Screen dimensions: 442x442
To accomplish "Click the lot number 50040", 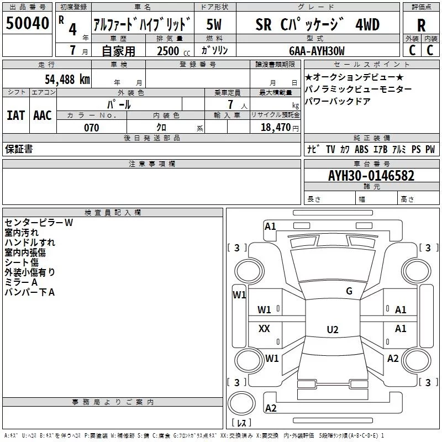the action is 27,23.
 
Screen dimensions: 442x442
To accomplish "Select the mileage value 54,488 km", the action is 67,79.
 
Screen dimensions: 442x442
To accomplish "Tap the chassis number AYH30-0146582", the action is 371,175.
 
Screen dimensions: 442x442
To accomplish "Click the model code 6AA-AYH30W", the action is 317,51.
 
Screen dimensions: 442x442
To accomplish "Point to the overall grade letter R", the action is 421,25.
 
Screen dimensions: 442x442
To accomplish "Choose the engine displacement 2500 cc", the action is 173,51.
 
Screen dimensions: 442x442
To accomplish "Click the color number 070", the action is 92,128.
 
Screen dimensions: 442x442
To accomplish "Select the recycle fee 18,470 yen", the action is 280,128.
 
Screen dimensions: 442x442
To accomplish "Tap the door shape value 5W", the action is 214,24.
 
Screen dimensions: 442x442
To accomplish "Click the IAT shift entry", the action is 15,115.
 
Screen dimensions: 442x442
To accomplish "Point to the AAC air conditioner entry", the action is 43,115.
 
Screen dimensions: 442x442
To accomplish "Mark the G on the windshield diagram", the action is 349,291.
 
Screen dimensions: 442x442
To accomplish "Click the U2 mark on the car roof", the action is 333,329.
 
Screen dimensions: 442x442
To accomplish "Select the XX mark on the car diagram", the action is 264,328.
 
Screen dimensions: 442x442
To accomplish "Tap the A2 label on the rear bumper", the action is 271,408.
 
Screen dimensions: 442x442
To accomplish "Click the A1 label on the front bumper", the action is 270,227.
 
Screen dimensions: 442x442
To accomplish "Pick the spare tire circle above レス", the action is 241,403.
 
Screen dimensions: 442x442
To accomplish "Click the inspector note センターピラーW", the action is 39,223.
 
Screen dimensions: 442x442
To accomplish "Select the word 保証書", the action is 19,149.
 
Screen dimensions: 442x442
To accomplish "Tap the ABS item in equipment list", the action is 361,149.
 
